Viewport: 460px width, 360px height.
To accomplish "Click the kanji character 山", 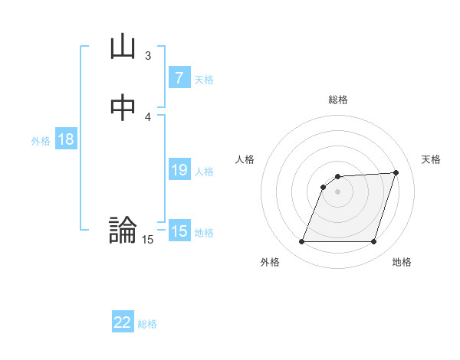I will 123,47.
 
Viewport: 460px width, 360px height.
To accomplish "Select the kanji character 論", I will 123,230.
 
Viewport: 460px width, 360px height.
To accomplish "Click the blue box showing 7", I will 179,77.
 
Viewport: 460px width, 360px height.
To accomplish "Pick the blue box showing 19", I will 179,170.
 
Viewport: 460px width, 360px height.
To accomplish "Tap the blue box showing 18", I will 66,139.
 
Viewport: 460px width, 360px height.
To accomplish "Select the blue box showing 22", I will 123,322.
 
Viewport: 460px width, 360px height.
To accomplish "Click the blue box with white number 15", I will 179,231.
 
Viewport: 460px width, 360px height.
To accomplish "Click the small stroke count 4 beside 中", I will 147,116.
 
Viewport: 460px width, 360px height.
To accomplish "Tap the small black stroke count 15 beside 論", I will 147,240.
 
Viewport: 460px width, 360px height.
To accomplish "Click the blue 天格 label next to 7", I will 204,79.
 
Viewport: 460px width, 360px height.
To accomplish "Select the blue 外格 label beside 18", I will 41,141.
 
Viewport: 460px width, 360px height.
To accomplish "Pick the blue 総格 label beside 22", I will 148,324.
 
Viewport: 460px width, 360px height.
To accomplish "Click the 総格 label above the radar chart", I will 338,100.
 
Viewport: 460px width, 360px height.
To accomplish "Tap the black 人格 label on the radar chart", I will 245,159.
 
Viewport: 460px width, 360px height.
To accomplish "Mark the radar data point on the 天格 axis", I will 396,172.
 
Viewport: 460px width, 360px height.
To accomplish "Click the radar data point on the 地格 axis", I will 373,242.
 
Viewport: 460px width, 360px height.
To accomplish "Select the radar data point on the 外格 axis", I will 301,242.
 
